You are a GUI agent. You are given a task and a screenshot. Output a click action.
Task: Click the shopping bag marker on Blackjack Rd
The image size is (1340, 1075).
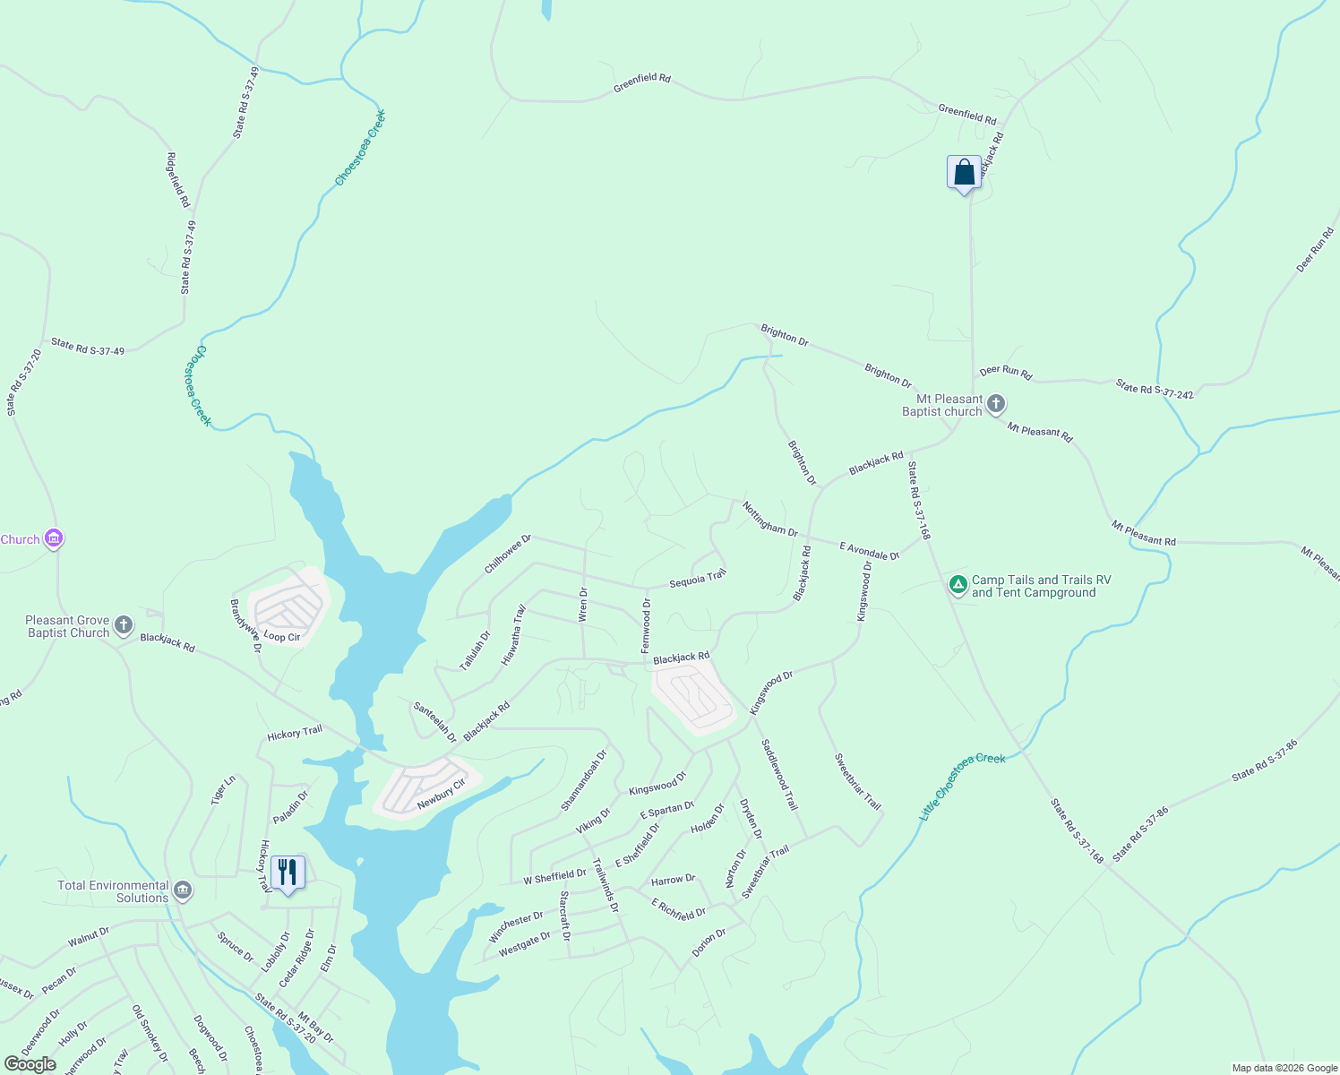(964, 173)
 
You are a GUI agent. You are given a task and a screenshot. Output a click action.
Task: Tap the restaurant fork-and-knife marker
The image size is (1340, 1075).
(288, 873)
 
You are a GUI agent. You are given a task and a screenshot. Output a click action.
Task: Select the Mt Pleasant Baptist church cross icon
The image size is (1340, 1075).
(996, 405)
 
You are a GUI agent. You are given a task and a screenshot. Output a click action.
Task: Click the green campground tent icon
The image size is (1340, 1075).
(958, 586)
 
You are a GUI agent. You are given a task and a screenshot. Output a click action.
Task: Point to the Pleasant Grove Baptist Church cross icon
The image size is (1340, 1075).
(124, 625)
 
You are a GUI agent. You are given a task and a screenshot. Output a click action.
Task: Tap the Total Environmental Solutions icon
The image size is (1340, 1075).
(183, 890)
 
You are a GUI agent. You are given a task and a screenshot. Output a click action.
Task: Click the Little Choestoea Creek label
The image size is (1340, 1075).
(963, 787)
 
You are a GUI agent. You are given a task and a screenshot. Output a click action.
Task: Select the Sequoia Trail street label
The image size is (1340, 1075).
(698, 579)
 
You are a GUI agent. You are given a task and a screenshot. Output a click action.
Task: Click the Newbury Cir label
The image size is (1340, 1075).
(442, 795)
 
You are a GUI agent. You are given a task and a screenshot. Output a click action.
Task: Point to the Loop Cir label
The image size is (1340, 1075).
(282, 637)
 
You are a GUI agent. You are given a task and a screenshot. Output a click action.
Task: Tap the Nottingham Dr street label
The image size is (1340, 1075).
(769, 519)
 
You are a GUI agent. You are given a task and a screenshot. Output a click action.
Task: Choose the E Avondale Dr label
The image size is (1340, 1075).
(869, 551)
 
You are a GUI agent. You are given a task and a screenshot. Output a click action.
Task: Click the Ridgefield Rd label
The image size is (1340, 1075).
(178, 180)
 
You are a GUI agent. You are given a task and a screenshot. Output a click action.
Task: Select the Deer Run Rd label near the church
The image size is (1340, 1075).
(1005, 372)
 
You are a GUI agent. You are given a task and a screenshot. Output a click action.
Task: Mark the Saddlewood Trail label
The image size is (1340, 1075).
(778, 774)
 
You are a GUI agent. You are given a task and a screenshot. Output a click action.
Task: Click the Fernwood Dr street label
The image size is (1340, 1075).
(647, 626)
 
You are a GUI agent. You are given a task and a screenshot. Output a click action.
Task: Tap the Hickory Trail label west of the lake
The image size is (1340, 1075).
(295, 733)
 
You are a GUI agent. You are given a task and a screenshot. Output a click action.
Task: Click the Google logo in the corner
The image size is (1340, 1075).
(30, 1063)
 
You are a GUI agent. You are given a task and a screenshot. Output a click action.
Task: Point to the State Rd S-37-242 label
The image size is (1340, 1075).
(1155, 389)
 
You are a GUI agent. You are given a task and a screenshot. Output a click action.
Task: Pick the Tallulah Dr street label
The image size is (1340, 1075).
(476, 650)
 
